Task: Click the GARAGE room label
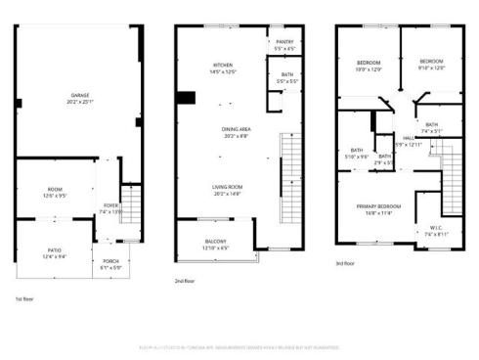point(80,95)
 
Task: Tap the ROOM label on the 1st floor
point(54,191)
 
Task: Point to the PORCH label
point(111,262)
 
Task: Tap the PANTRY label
point(284,42)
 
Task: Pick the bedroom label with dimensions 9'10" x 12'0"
point(431,61)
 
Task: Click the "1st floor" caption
point(25,299)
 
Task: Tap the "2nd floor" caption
point(185,281)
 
